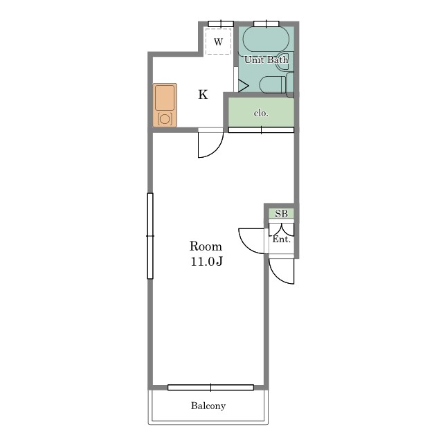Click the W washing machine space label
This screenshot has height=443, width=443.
[x=219, y=42]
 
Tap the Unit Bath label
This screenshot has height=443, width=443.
[x=266, y=60]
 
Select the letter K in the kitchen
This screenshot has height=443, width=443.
[x=203, y=95]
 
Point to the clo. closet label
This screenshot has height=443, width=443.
[x=261, y=114]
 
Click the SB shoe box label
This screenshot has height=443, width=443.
[x=282, y=214]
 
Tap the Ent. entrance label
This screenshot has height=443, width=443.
[x=282, y=239]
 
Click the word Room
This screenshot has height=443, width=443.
[x=206, y=246]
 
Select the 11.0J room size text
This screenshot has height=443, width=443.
[x=207, y=262]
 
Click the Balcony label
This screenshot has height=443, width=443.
[x=208, y=406]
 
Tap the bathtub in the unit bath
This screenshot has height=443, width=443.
[x=266, y=40]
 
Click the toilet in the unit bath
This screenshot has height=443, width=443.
[x=276, y=84]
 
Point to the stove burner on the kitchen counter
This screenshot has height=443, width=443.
[x=165, y=119]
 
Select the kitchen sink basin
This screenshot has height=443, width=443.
[x=165, y=98]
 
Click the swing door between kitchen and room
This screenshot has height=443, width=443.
[x=210, y=143]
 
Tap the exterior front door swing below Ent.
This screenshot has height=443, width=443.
[x=282, y=271]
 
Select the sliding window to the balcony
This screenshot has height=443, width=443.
[x=210, y=388]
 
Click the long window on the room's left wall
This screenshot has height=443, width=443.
[x=150, y=236]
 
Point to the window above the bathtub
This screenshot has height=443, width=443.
[x=266, y=24]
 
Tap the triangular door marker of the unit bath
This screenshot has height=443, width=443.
[x=242, y=85]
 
